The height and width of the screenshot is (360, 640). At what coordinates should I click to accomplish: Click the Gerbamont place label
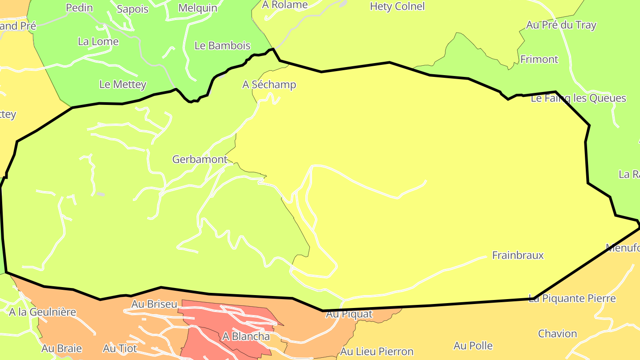point(200,159)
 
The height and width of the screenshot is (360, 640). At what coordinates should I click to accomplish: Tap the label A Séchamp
point(269,84)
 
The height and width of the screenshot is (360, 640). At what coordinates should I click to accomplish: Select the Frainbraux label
point(518,255)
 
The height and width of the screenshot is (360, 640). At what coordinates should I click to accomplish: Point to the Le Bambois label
point(222,45)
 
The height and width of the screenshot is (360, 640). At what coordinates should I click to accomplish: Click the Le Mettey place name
point(123,84)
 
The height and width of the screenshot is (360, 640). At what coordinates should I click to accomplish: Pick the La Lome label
point(98,41)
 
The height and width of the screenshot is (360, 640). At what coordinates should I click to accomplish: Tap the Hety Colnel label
point(397,6)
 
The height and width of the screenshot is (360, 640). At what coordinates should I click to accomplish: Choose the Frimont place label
point(539,59)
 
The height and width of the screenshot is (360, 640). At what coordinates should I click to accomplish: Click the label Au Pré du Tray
point(561,25)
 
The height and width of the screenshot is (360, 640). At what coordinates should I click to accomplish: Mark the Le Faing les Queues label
point(578,98)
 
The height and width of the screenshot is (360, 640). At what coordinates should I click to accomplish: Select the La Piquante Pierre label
point(572,298)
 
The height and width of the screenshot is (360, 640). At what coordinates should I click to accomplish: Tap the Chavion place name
point(557,333)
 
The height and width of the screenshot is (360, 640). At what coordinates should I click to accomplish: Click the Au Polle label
point(473,345)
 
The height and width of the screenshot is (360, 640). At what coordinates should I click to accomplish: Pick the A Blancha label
point(246,336)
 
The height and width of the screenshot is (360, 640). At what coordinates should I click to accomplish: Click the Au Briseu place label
point(154,304)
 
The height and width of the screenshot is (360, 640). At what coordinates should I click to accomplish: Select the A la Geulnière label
point(43,312)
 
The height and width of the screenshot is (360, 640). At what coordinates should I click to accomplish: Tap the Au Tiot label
point(120,348)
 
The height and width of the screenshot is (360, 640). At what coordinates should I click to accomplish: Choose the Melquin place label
point(198,8)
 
